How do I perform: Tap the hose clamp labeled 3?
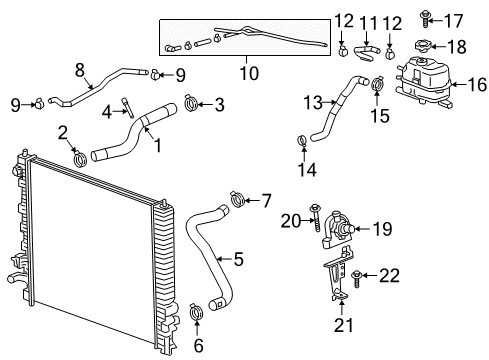[x=192, y=102]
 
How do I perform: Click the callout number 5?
[x=237, y=260]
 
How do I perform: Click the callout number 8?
[x=80, y=69]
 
